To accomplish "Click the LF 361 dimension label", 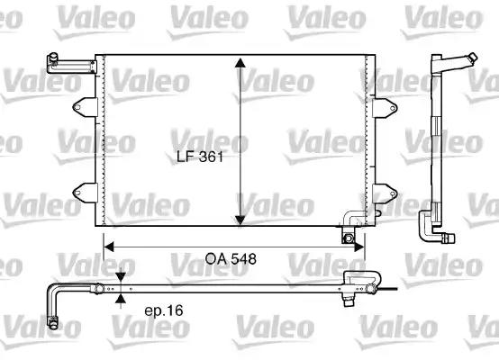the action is tap(200, 157).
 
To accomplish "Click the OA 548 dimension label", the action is tap(231, 259).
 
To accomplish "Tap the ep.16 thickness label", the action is tap(164, 310).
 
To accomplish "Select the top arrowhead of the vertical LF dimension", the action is tap(240, 63).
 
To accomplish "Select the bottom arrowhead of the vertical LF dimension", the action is tap(240, 220).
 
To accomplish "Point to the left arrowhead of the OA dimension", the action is tap(109, 247).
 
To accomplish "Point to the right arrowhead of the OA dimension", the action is tap(359, 247).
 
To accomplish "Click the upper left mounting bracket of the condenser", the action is tap(85, 107).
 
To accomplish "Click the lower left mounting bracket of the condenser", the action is tap(85, 193).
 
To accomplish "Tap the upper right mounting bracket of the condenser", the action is tap(385, 108).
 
